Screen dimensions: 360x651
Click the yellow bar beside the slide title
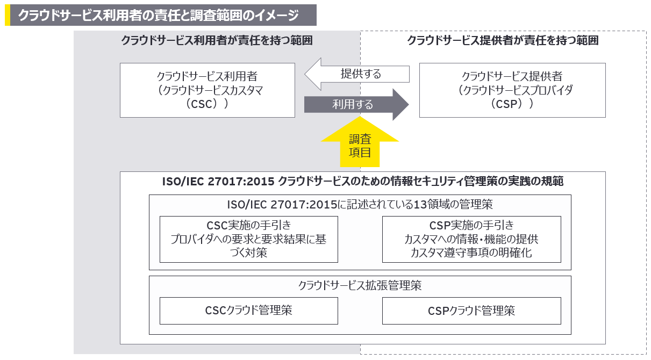(8, 16)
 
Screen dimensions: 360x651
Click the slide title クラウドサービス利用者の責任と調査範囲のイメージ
(158, 16)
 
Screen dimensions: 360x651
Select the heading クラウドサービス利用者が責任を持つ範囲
(217, 41)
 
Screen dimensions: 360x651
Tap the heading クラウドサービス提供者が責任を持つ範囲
(503, 41)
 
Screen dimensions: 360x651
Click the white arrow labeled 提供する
(356, 74)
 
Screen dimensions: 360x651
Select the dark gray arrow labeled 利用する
(356, 104)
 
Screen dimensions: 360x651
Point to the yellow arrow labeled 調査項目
(360, 146)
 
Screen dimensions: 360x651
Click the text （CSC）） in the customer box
(207, 103)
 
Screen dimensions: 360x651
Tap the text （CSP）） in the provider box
(512, 103)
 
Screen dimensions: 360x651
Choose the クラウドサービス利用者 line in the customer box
(207, 76)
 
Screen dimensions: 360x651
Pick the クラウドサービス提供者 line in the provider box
(512, 76)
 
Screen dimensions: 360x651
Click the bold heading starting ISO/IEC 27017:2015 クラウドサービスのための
(362, 182)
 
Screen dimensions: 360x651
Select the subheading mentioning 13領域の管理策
(360, 204)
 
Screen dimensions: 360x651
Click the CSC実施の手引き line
(248, 225)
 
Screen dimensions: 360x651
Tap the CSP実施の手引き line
(471, 225)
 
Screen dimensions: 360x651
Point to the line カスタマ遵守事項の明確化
(471, 252)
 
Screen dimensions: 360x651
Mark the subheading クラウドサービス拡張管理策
(360, 285)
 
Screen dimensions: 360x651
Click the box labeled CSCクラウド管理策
(248, 311)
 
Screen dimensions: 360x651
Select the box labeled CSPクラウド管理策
(471, 311)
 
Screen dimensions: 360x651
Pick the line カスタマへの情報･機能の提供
(471, 239)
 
